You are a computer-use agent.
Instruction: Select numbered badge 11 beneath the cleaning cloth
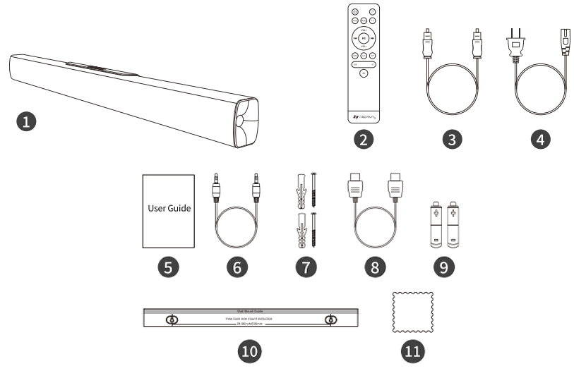coord(411,351)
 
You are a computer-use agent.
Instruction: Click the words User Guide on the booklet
coord(169,209)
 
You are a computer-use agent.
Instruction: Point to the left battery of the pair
coord(435,224)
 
